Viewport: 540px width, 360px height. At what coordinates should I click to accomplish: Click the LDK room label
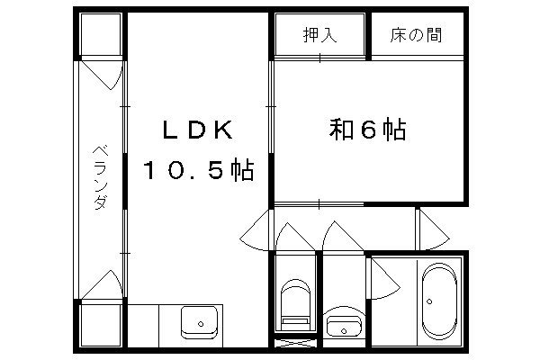(x=197, y=130)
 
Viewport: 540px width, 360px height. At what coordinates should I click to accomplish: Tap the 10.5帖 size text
(x=199, y=169)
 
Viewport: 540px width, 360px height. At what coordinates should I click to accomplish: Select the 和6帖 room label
(x=367, y=130)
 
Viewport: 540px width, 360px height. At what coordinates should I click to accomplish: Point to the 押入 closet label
(x=319, y=35)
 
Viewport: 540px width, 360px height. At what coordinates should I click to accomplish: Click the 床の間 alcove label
(x=416, y=35)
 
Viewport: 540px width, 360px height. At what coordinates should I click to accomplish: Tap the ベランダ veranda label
(x=101, y=178)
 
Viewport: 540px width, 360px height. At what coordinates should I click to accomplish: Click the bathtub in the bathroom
(x=439, y=301)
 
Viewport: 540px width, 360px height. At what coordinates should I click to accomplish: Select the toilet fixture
(x=295, y=304)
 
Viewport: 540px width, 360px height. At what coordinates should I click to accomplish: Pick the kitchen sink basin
(x=200, y=322)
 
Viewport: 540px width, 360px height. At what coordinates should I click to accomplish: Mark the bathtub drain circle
(x=429, y=301)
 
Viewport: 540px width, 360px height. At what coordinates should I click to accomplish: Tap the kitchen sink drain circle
(x=201, y=324)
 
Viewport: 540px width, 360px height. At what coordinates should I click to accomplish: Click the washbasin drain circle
(x=344, y=331)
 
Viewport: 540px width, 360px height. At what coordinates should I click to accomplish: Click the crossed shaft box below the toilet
(x=295, y=343)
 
